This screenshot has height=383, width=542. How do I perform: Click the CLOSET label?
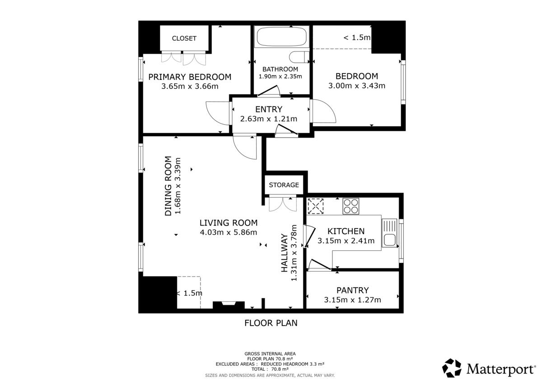184,38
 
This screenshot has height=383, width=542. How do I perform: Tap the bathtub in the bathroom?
281,37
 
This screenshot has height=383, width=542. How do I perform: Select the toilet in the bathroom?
299,57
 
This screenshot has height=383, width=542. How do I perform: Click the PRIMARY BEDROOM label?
190,77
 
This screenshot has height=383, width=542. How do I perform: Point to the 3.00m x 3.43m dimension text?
357,86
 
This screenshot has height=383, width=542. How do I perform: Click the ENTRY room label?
269,110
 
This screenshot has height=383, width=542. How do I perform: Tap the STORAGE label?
284,185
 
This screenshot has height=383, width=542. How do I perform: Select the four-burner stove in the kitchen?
350,206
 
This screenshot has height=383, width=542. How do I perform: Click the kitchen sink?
389,233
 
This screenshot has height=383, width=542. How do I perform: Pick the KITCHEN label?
346,231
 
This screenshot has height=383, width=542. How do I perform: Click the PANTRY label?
353,290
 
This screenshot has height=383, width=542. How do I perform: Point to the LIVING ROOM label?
229,223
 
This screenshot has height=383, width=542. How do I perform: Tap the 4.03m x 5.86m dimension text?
229,232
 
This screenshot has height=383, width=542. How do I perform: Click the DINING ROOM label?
168,186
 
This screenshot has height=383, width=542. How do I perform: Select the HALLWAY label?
284,253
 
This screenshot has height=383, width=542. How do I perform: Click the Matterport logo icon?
452,368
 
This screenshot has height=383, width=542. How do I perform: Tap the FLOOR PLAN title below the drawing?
271,323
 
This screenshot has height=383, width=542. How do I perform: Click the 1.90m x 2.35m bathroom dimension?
280,77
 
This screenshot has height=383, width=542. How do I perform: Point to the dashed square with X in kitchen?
315,206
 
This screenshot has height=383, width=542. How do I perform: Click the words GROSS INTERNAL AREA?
270,354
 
